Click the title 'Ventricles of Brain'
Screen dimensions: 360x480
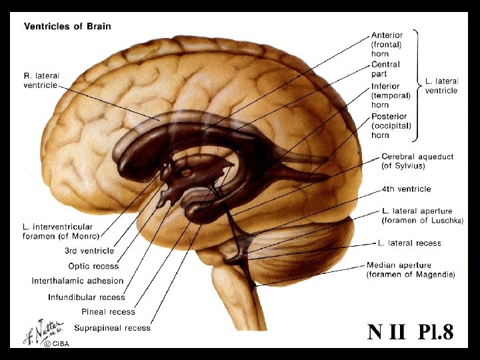coord(68,27)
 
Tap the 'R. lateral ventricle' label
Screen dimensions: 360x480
coord(42,81)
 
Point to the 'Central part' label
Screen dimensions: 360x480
coord(386,69)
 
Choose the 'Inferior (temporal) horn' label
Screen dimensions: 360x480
coord(386,95)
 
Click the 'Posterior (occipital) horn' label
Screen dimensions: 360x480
coord(391,126)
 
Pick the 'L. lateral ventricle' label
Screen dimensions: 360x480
coord(441,85)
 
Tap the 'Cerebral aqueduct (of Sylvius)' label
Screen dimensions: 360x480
coord(417,161)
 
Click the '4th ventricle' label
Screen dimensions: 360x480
coord(406,189)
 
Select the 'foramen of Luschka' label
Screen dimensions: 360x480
coord(423,220)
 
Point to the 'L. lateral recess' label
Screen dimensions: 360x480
coord(409,243)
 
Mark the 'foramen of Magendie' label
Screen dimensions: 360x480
coord(411,274)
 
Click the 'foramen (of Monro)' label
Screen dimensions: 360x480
coord(61,236)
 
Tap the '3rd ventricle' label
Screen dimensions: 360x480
coord(89,251)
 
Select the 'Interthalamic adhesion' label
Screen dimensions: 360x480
coord(77,281)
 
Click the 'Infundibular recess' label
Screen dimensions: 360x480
coord(87,297)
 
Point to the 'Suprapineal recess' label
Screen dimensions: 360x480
coord(112,327)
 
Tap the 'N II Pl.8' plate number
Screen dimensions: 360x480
coord(410,332)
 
